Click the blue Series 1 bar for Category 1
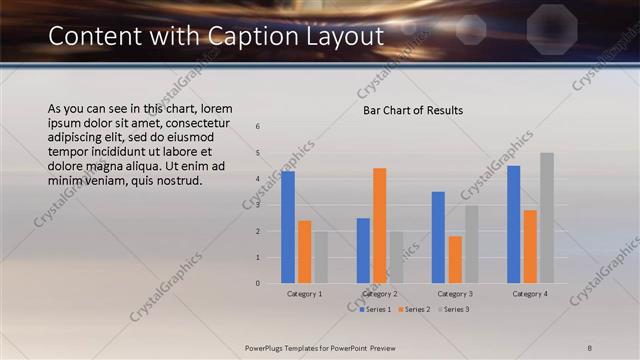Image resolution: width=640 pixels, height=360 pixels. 288,227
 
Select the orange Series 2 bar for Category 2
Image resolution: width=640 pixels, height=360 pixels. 379,226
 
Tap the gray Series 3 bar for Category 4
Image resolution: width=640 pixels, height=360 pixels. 546,218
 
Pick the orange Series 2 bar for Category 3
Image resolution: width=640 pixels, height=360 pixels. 455,260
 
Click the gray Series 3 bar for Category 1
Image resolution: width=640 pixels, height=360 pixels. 320,257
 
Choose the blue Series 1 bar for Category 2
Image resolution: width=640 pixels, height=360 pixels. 363,251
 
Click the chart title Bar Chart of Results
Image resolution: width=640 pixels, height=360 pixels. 412,110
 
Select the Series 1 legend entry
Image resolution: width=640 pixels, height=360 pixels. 375,309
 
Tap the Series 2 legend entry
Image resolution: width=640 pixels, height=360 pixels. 414,309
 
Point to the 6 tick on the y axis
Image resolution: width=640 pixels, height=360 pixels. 258,127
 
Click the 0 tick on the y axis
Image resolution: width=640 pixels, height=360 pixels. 258,283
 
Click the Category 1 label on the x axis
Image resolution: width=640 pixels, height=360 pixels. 304,294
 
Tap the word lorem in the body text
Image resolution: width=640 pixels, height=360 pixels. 217,108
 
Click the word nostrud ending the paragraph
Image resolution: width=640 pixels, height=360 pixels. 180,180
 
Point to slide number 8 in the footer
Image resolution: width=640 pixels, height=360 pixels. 589,347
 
